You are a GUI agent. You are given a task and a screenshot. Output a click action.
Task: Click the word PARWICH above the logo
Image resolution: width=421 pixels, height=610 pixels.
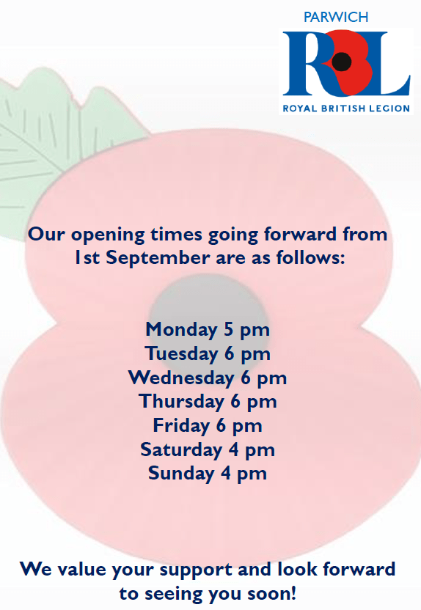(x=336, y=17)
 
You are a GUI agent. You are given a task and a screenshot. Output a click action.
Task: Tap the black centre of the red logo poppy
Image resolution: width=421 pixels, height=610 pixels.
(x=342, y=61)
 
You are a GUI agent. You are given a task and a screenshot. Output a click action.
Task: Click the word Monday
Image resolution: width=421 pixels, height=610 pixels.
(x=181, y=330)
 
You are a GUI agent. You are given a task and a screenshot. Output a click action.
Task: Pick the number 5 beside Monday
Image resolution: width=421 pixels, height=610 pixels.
(x=228, y=329)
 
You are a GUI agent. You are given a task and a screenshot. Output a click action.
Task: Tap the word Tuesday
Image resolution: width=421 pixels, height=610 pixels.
(x=182, y=354)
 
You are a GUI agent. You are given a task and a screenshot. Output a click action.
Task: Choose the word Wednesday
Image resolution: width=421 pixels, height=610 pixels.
(x=181, y=378)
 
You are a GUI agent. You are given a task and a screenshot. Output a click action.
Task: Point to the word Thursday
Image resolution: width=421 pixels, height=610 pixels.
(x=181, y=402)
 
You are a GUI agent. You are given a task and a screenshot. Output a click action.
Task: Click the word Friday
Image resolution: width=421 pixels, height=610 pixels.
(x=181, y=425)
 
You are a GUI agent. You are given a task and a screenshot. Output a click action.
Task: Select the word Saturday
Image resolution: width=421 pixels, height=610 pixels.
(x=181, y=450)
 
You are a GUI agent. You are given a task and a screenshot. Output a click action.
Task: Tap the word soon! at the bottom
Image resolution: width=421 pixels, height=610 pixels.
(x=272, y=594)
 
